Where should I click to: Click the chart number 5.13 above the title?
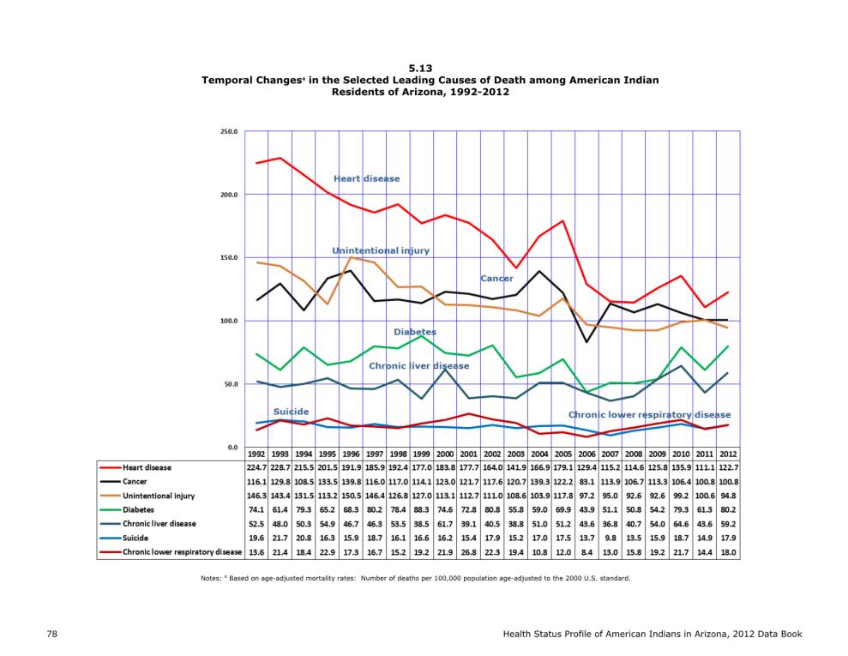click(420, 68)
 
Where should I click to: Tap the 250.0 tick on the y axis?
click(229, 131)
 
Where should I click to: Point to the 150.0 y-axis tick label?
click(229, 257)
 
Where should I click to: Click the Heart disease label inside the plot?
click(367, 178)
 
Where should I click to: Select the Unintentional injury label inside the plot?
click(381, 250)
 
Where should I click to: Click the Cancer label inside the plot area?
click(496, 279)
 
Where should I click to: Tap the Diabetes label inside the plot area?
click(415, 332)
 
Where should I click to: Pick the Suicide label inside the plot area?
click(291, 412)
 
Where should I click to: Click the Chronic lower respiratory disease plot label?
click(649, 415)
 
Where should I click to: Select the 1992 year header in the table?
click(256, 454)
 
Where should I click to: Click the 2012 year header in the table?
click(728, 454)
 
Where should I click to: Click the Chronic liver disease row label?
click(159, 523)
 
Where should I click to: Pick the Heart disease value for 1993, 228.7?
click(280, 468)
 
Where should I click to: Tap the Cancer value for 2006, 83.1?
click(586, 482)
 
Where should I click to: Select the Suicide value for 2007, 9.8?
click(610, 539)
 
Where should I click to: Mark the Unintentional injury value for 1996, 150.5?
click(351, 496)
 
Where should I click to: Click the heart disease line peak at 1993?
click(280, 158)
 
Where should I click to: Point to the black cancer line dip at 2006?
click(586, 342)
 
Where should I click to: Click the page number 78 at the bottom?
click(52, 634)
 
